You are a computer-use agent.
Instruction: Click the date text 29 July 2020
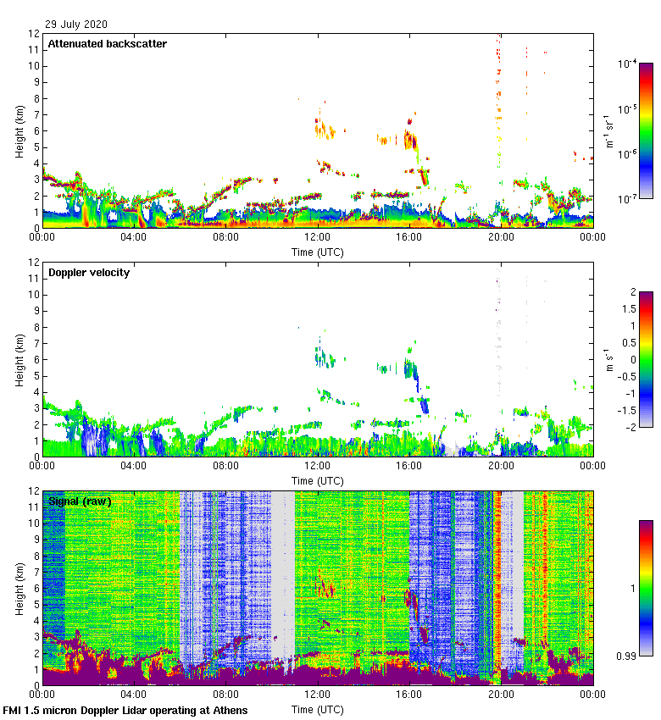pyautogui.click(x=76, y=25)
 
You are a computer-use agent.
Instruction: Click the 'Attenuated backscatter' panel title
pyautogui.click(x=107, y=43)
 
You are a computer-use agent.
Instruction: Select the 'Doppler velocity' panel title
pyautogui.click(x=88, y=273)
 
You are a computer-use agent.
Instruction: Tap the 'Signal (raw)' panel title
pyautogui.click(x=80, y=501)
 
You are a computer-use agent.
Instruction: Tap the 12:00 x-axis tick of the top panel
pyautogui.click(x=318, y=238)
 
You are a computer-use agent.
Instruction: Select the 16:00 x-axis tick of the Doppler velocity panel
pyautogui.click(x=409, y=467)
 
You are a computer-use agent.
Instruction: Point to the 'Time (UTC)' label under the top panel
pyautogui.click(x=318, y=252)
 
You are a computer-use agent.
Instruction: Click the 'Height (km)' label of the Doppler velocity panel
pyautogui.click(x=19, y=359)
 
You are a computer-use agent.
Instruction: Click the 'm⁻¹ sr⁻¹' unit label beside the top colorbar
pyautogui.click(x=609, y=131)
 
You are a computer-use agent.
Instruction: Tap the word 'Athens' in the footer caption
pyautogui.click(x=226, y=710)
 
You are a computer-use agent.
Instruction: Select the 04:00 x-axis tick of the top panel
pyautogui.click(x=134, y=238)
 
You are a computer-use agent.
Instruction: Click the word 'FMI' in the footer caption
pyautogui.click(x=14, y=710)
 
